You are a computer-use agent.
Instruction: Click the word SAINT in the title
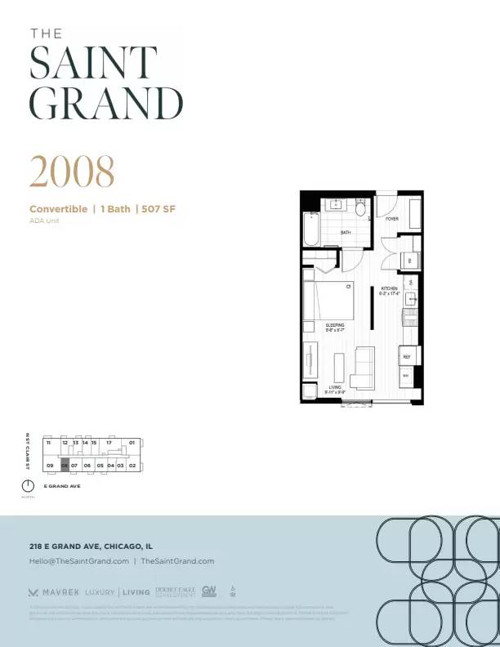(x=92, y=63)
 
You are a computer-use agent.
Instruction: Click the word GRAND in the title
(x=106, y=102)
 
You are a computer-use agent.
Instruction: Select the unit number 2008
(x=72, y=171)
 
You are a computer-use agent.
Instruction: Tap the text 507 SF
(x=158, y=209)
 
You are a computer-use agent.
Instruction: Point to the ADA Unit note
(x=44, y=221)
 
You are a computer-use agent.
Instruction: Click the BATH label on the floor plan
(x=346, y=233)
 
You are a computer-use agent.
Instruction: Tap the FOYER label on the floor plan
(x=392, y=219)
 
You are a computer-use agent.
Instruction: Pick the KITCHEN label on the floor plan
(x=389, y=288)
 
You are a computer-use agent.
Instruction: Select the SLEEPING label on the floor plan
(x=335, y=325)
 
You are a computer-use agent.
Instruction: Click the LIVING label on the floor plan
(x=335, y=387)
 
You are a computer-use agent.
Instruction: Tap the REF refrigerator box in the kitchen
(x=406, y=356)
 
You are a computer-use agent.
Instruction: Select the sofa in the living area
(x=361, y=367)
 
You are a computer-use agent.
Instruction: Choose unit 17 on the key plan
(x=108, y=443)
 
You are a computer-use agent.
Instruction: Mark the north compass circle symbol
(x=28, y=487)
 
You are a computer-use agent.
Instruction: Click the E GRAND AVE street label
(x=62, y=486)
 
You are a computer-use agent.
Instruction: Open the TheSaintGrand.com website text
(x=177, y=561)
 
